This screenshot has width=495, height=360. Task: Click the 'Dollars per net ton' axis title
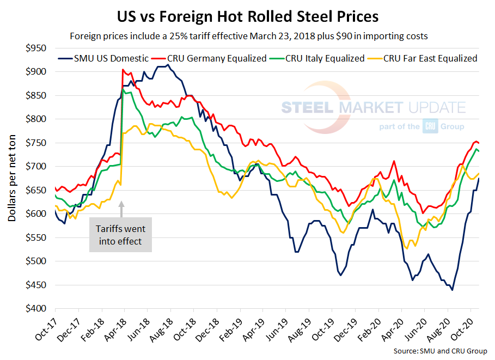(12, 178)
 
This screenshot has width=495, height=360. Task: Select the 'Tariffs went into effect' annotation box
(120, 235)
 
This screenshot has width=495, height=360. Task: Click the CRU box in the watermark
(429, 127)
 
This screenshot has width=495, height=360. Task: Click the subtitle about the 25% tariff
(247, 37)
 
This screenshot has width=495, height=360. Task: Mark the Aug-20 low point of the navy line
(453, 290)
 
